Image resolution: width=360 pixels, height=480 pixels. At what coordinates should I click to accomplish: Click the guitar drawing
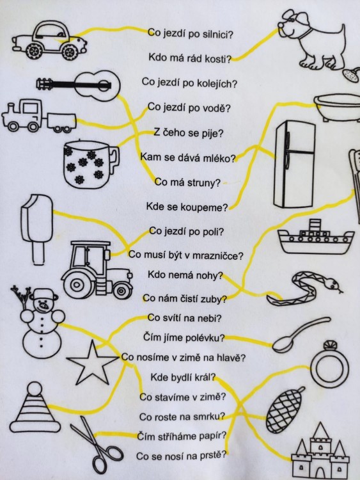[79, 85]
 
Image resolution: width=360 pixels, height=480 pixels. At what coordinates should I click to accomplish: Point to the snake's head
[333, 285]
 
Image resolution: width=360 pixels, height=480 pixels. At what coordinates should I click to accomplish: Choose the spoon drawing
[301, 335]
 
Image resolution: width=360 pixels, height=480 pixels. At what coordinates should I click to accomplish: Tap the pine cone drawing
[283, 410]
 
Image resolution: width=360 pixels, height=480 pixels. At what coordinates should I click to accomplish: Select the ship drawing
[315, 237]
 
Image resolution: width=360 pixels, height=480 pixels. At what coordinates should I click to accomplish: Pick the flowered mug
[90, 164]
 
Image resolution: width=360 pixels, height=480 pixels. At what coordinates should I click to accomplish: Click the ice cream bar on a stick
[36, 228]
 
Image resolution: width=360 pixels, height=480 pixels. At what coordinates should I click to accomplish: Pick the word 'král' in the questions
[206, 377]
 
